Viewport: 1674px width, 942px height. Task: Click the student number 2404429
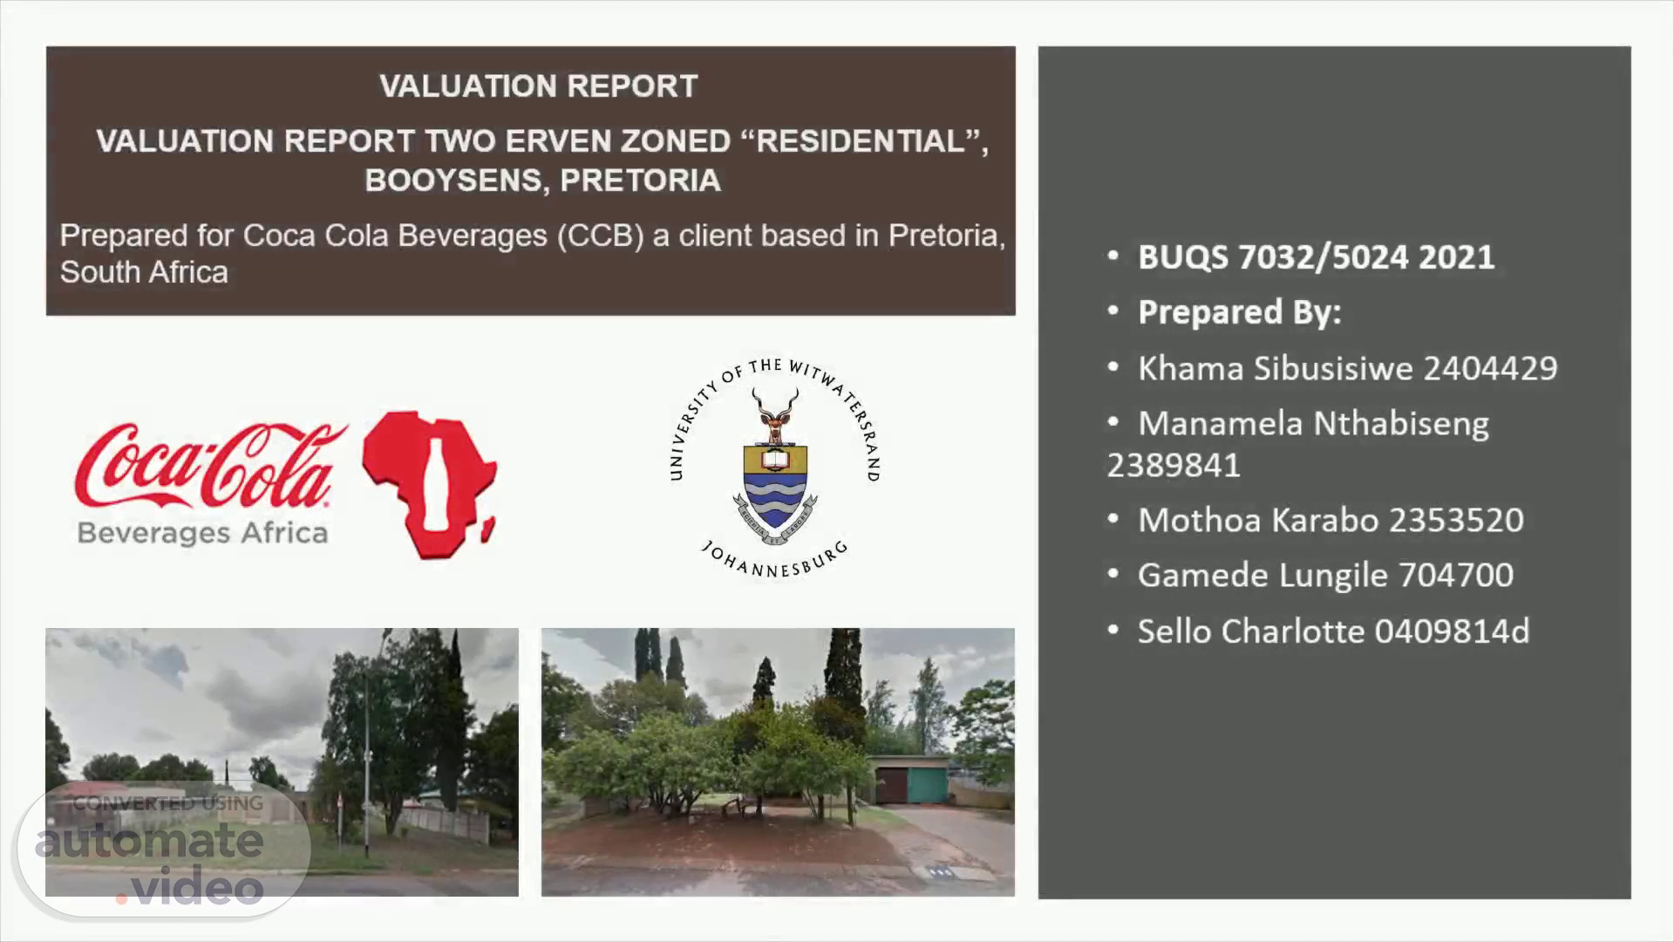1490,368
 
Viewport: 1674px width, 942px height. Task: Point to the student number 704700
1456,575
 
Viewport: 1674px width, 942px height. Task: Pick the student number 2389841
1174,465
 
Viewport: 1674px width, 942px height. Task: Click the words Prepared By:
1239,312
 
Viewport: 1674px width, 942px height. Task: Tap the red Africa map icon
429,485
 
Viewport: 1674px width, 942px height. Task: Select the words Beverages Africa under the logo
202,532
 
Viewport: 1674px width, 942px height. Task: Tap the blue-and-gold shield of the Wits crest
775,485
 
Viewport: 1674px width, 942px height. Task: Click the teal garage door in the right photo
927,782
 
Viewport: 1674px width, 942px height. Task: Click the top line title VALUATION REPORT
539,86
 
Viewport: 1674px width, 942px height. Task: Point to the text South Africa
144,272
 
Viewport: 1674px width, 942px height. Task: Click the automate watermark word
149,841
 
